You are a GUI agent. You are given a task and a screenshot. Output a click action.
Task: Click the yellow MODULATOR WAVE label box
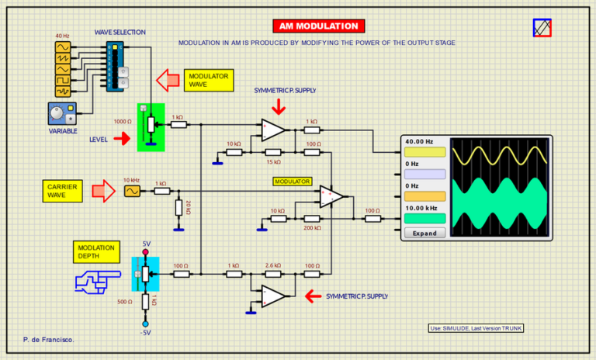coord(209,80)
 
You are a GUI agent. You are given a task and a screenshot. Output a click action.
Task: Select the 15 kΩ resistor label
coord(273,161)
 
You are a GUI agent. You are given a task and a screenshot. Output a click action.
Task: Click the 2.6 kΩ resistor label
coord(273,265)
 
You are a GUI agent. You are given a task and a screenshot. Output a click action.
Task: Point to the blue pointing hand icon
coord(97,280)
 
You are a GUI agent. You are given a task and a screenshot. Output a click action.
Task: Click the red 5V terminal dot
coord(146,253)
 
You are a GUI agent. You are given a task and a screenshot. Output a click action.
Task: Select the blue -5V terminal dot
coord(145,324)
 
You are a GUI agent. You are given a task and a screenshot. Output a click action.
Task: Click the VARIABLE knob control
coord(57,113)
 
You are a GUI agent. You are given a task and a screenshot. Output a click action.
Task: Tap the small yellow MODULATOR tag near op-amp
coord(292,182)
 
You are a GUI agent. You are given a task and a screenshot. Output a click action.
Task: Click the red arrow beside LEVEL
coord(121,139)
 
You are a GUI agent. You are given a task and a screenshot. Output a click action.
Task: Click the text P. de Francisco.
coord(49,341)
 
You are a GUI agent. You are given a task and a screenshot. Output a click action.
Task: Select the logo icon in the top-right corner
coord(542,28)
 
